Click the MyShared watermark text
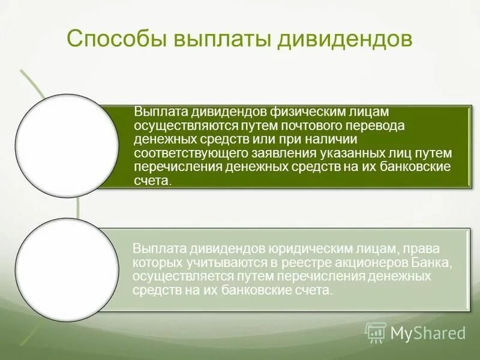pyautogui.click(x=428, y=332)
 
